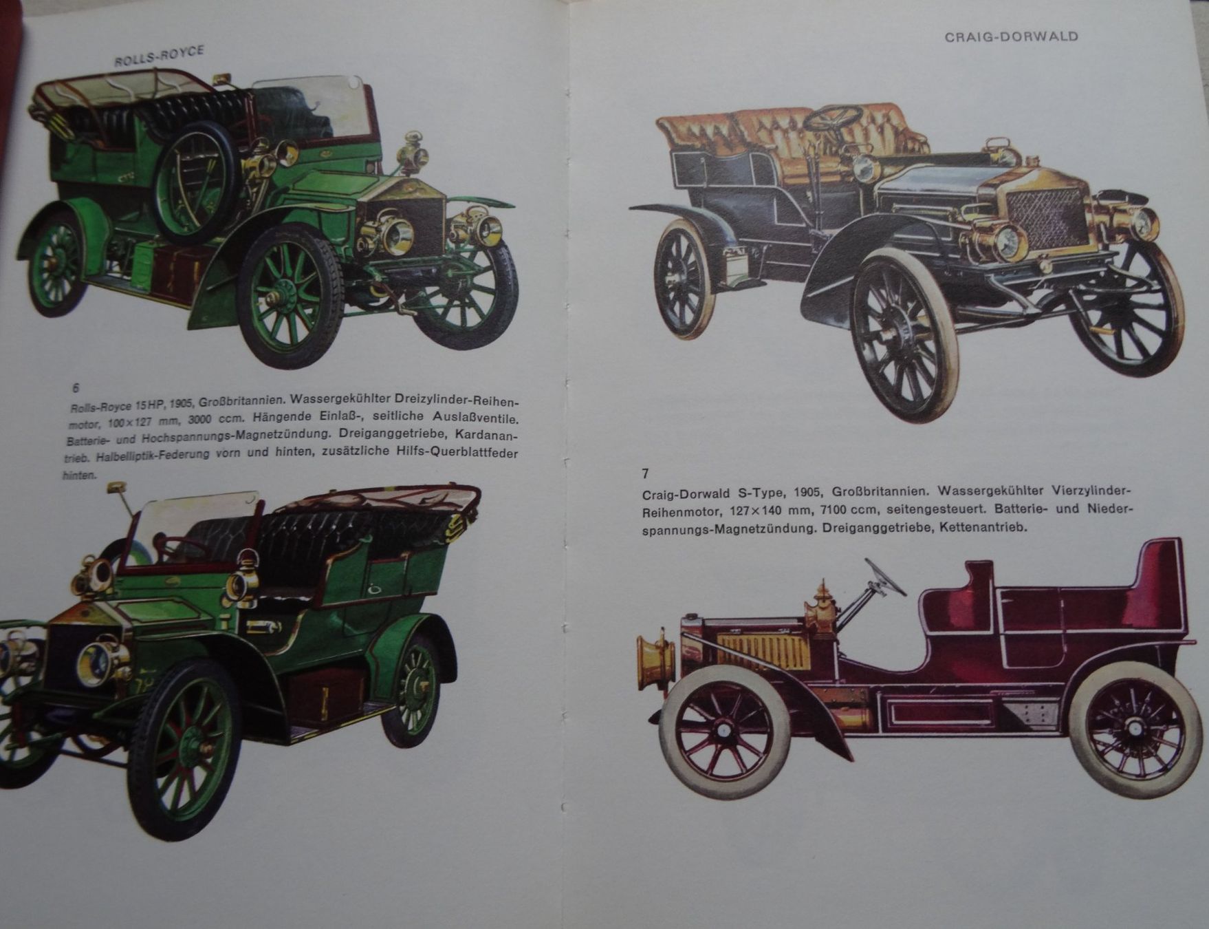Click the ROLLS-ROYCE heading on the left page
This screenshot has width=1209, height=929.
(160, 56)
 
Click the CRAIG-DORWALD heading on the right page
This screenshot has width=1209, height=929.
(1011, 36)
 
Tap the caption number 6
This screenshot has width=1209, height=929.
(76, 387)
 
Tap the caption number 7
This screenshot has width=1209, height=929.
(645, 473)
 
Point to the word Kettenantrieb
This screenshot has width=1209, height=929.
(983, 528)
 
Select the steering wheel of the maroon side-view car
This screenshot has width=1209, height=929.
(885, 577)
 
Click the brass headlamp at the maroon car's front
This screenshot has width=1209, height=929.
(655, 662)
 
